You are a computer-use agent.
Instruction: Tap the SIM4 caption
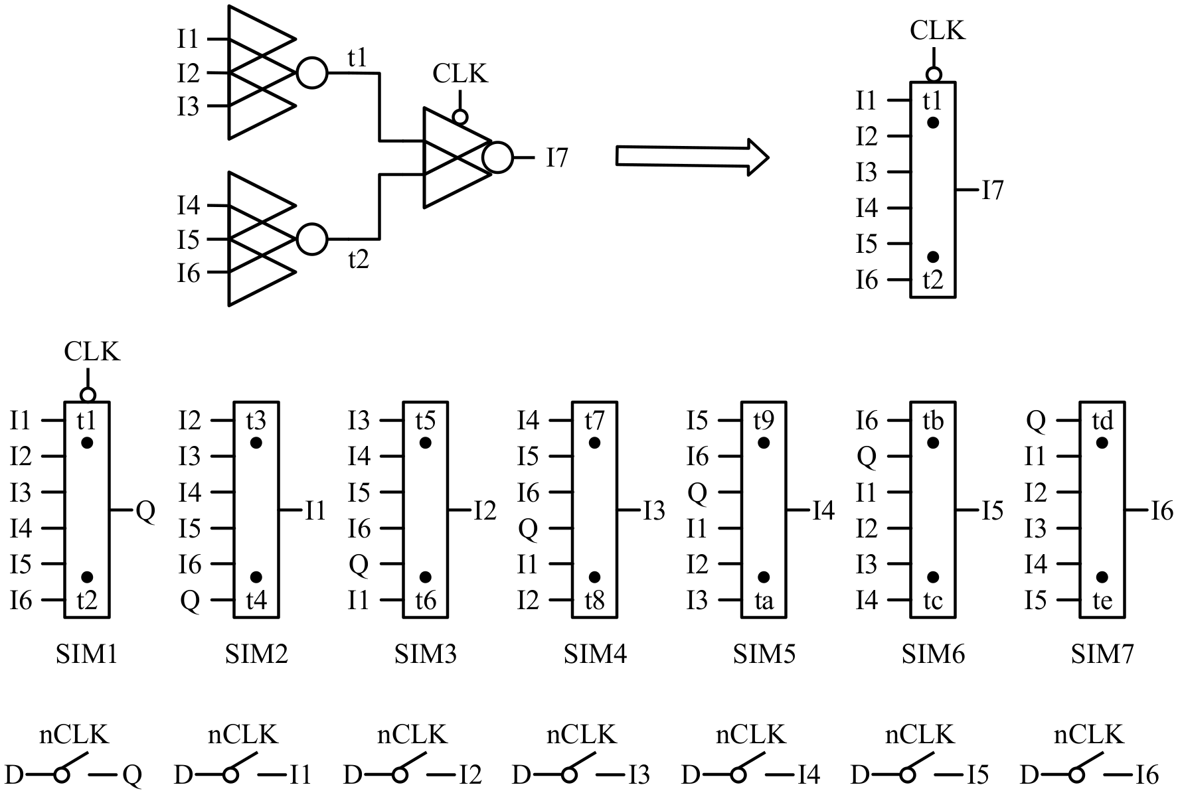(x=595, y=655)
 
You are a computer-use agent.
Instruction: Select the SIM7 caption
(x=1102, y=655)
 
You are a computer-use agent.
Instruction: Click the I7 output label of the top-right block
(x=993, y=191)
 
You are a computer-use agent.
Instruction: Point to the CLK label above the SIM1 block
(x=92, y=352)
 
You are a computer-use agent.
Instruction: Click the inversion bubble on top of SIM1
(x=88, y=395)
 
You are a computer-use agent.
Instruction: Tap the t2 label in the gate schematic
(x=358, y=259)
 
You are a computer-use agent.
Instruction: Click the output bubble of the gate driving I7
(x=498, y=158)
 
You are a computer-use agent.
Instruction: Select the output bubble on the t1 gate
(x=311, y=73)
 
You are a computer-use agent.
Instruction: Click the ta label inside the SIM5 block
(x=764, y=601)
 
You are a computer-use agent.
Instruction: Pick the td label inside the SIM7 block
(x=1102, y=421)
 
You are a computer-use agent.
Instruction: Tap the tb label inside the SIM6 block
(x=933, y=421)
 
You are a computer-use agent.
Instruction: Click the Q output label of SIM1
(x=145, y=511)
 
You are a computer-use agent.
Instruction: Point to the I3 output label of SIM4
(x=653, y=511)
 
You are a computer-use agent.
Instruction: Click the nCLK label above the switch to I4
(x=750, y=735)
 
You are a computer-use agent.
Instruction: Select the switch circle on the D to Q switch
(x=62, y=774)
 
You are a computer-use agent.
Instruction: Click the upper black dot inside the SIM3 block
(x=426, y=443)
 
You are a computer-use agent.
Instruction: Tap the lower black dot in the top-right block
(x=933, y=257)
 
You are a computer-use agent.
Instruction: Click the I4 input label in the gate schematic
(x=188, y=206)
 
